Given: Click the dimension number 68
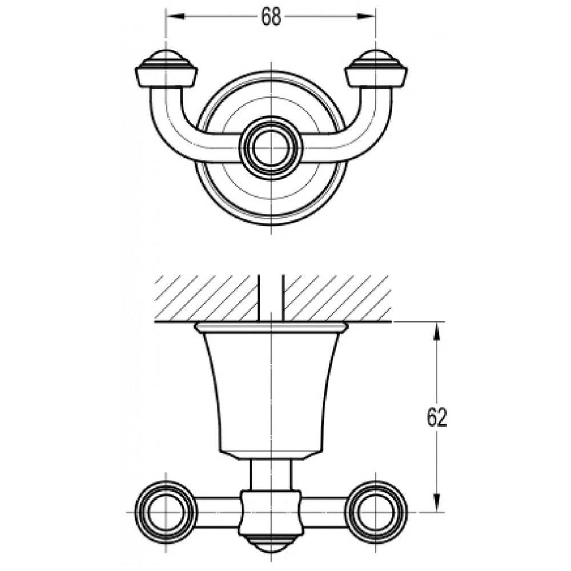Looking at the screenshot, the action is [x=271, y=17].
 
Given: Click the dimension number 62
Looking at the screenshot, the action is [x=437, y=418].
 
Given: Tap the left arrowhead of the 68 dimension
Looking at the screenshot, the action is [x=175, y=17].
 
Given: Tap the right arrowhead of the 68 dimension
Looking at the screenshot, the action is [x=366, y=17].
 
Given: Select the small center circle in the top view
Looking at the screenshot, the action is [x=271, y=149].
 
